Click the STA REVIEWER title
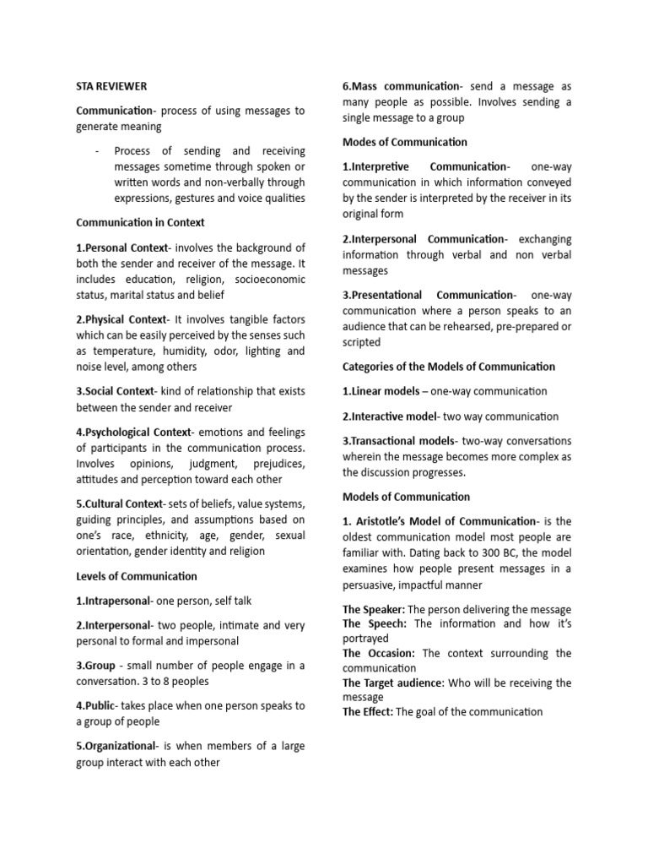(x=111, y=86)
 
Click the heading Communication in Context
(x=140, y=223)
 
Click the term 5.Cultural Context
(x=118, y=503)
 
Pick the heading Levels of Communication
(x=137, y=576)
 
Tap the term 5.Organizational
(x=117, y=746)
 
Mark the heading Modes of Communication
(x=405, y=142)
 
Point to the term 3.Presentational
(x=386, y=295)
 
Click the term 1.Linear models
(x=381, y=391)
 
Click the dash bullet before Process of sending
(x=98, y=151)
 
